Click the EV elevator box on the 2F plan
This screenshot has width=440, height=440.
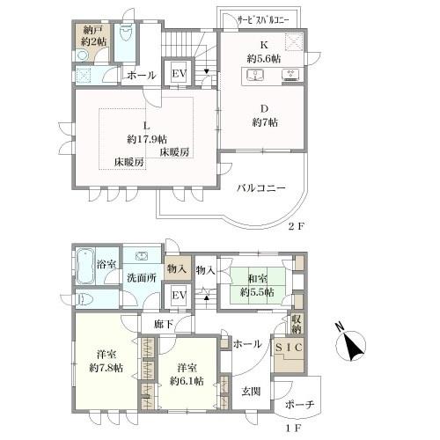pos(179,73)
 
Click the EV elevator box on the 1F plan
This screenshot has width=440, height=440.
pos(179,295)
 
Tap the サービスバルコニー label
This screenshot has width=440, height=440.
pos(263,20)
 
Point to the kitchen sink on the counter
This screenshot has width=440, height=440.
pos(256,75)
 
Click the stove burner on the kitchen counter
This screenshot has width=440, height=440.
pos(290,75)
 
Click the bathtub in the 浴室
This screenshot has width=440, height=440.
pos(85,267)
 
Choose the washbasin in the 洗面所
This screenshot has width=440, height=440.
pos(142,256)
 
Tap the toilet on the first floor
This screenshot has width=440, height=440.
pos(85,299)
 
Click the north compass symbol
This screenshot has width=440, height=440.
pos(350,344)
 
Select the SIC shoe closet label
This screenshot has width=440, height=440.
pos(289,348)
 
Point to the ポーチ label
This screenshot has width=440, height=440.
pos(299,405)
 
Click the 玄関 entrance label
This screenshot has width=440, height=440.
pos(251,392)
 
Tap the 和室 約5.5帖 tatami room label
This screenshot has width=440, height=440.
pos(257,285)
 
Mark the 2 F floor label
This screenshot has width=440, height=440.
pos(297,226)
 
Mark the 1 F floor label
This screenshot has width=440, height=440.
pos(293,429)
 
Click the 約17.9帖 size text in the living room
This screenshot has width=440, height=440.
pos(147,139)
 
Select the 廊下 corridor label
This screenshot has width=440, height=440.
pos(164,324)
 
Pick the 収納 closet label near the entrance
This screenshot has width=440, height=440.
pos(297,324)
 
